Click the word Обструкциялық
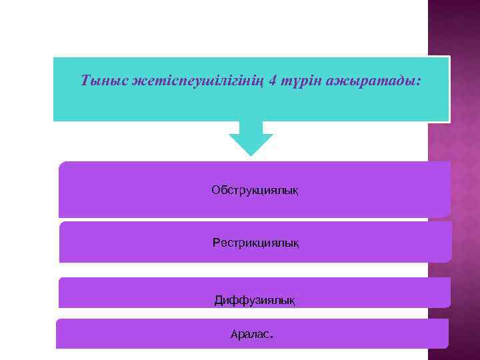[255, 191]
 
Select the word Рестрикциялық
[255, 243]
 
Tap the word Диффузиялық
[254, 301]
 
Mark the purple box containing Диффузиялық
[133, 293]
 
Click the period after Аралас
[271, 337]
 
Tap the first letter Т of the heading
[85, 81]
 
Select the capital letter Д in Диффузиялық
[219, 301]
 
